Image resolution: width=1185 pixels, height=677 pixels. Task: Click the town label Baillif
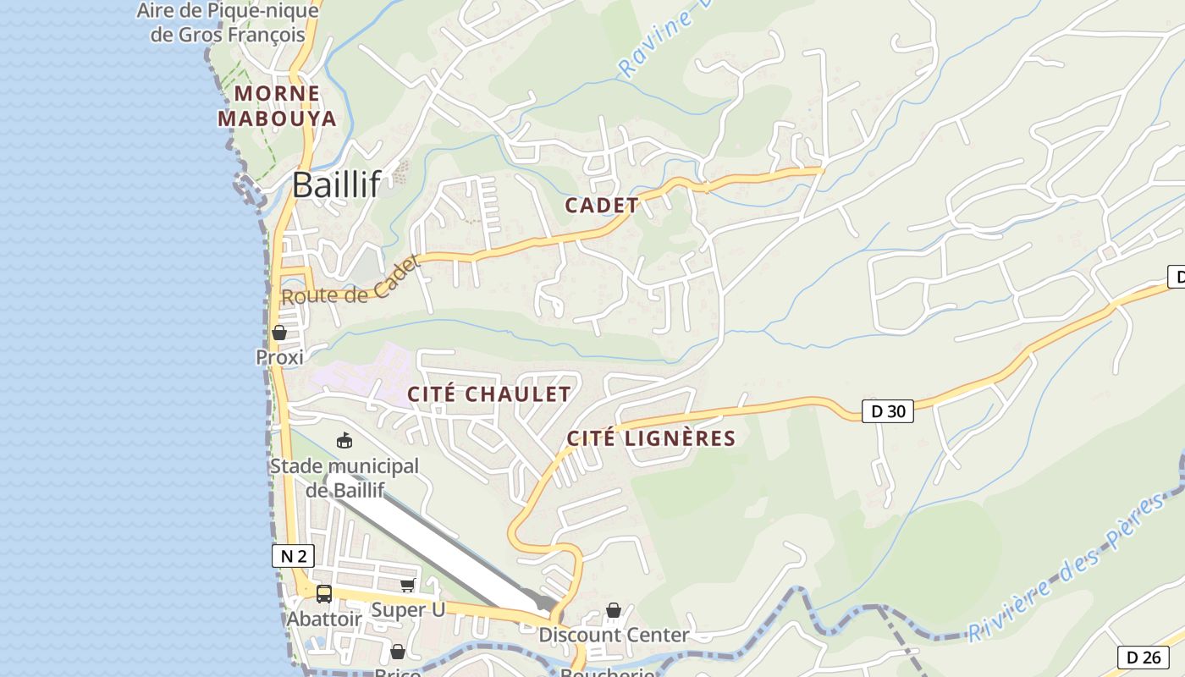336,184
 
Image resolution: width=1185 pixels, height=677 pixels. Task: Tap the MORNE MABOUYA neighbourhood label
278,106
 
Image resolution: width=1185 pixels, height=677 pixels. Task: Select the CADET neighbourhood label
602,205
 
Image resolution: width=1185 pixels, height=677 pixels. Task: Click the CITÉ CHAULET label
489,394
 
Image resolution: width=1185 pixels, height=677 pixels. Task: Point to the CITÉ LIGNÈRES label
651,438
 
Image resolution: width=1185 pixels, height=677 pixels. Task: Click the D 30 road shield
888,412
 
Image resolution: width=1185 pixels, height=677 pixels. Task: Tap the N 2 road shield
293,556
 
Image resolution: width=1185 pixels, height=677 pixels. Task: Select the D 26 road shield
1144,657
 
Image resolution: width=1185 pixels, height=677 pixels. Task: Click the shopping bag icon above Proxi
279,333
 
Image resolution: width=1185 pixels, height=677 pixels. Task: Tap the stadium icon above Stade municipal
344,440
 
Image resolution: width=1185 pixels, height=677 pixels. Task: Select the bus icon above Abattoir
324,594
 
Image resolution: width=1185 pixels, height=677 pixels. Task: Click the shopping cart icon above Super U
408,585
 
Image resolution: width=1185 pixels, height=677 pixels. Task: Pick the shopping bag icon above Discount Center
614,610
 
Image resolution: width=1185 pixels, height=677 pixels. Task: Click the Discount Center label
614,635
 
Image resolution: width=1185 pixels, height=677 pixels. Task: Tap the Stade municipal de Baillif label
344,477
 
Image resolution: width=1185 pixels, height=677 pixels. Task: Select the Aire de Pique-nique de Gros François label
228,23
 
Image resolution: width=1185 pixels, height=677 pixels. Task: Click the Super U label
408,609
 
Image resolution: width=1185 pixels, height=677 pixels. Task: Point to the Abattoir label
324,619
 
